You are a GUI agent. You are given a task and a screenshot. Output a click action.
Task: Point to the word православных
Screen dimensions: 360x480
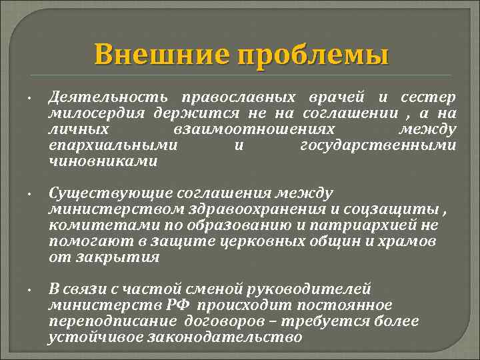click(x=230, y=97)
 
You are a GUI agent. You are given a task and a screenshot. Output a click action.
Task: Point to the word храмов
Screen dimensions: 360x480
click(x=411, y=241)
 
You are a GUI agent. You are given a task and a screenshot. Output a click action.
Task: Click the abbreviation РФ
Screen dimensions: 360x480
click(x=180, y=305)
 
